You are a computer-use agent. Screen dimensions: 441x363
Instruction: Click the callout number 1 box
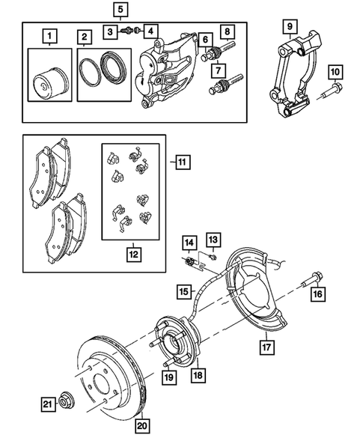pos(49,35)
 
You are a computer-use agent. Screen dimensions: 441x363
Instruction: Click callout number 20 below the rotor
pos(141,426)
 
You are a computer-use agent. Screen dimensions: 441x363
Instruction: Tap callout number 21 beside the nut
pos(46,405)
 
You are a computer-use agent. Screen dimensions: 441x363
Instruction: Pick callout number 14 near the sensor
pos(189,242)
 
